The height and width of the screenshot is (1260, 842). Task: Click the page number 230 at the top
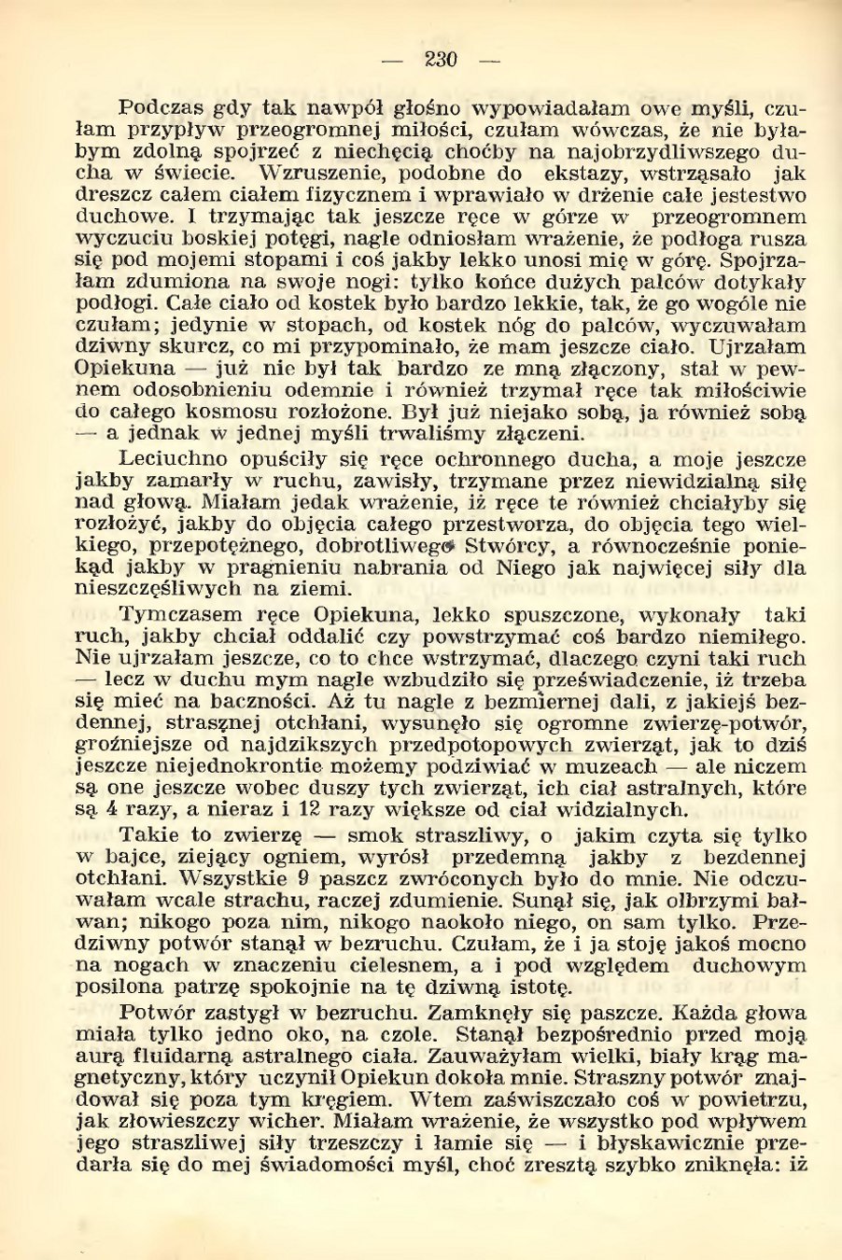click(x=441, y=61)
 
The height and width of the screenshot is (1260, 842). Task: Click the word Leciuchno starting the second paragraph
click(x=178, y=458)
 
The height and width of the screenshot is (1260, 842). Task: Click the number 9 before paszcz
click(x=301, y=879)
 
